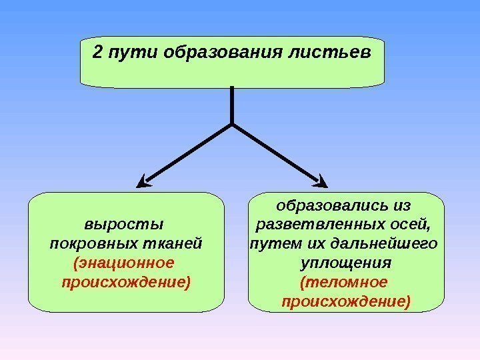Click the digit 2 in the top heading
(98, 52)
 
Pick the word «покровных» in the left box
(92, 242)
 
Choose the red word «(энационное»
(123, 261)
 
